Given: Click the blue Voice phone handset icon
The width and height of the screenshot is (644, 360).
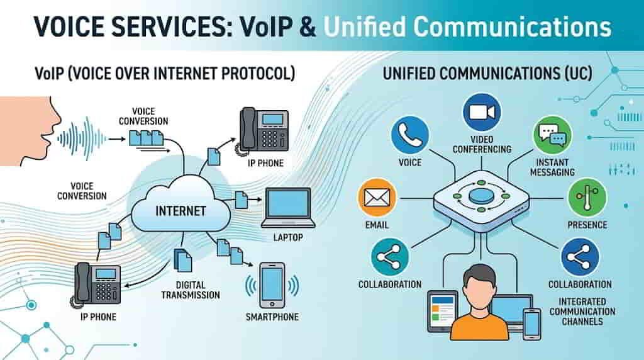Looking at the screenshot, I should pos(409,135).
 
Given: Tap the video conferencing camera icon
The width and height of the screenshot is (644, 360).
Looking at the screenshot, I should pos(482,112).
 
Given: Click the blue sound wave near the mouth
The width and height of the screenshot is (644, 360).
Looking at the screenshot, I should pos(80,135).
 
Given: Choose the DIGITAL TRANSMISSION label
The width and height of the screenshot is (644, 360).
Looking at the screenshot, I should pos(191,289).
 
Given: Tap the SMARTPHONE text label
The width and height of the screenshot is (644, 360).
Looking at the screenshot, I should pos(272,317).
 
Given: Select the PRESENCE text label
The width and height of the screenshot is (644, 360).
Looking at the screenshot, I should pos(587,225).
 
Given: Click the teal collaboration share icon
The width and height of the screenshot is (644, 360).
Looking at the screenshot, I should pos(390,256).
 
